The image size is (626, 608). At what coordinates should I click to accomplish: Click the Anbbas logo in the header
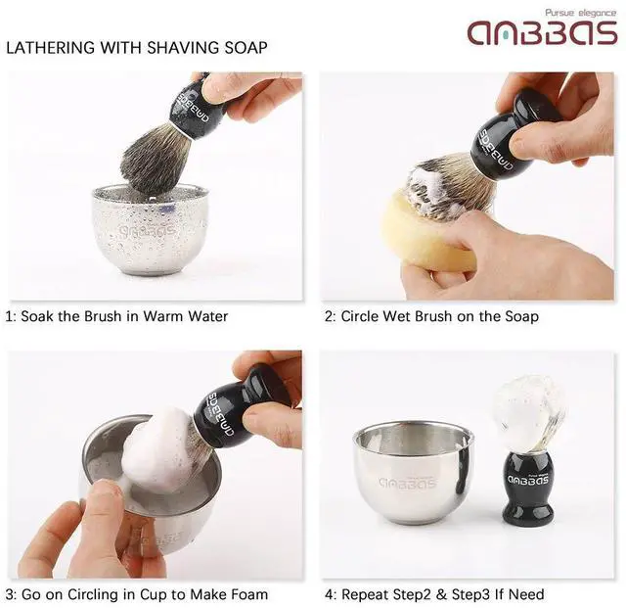click(x=543, y=33)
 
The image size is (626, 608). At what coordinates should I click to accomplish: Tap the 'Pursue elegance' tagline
click(x=581, y=13)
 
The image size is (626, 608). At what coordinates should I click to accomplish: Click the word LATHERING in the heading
click(x=51, y=48)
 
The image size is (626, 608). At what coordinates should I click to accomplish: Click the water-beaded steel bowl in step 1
click(x=150, y=231)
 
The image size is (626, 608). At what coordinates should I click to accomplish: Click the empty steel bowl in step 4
click(x=413, y=472)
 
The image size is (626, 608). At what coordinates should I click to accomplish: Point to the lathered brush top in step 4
click(x=527, y=412)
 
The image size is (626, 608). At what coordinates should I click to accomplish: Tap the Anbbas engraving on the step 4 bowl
click(x=408, y=483)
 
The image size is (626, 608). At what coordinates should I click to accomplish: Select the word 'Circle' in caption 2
click(x=360, y=316)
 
